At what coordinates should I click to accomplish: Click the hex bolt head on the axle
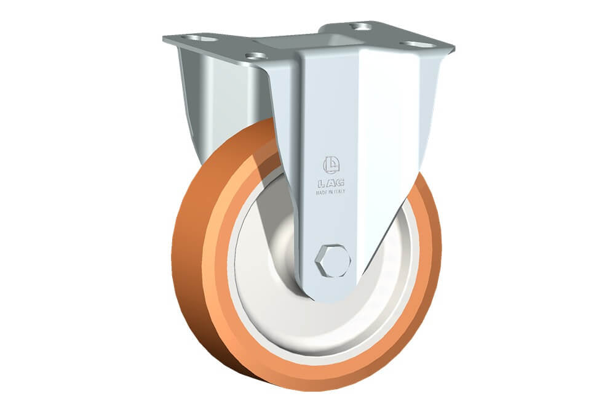(333, 261)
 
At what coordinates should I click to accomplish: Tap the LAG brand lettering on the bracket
(331, 183)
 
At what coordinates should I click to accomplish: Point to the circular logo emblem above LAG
(331, 166)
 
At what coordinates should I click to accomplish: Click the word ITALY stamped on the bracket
(339, 192)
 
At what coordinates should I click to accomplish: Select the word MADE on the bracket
(322, 192)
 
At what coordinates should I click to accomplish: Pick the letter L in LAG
(321, 183)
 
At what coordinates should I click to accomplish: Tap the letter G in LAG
(340, 183)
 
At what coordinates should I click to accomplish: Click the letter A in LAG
(331, 183)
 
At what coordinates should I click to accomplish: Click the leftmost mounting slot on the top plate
(201, 39)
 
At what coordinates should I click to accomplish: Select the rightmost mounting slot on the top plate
(420, 44)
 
